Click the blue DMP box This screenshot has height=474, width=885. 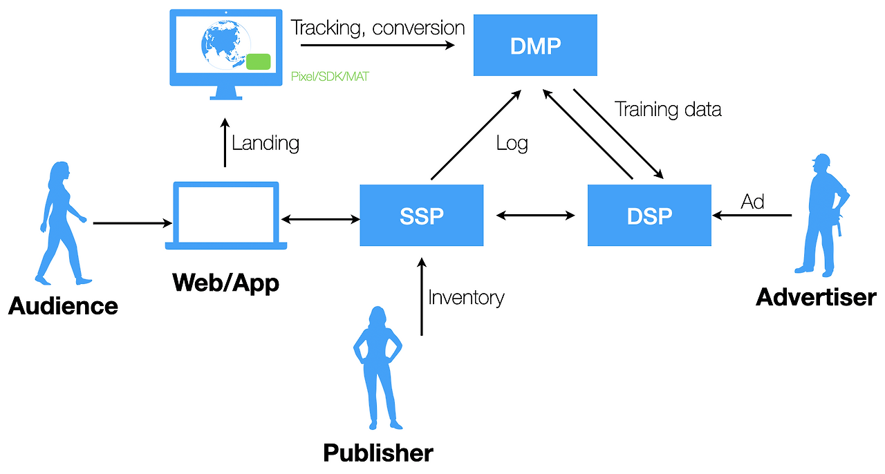(x=534, y=46)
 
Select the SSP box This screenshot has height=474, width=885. (x=421, y=216)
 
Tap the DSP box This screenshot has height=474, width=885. (x=649, y=216)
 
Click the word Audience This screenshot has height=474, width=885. (x=63, y=305)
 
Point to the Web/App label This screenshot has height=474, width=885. (x=226, y=282)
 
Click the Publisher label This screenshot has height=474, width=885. (x=378, y=453)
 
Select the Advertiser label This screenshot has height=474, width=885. (x=816, y=297)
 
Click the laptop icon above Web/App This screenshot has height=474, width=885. (x=226, y=215)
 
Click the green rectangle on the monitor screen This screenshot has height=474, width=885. (x=258, y=61)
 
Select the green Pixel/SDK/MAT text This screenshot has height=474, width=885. (x=329, y=77)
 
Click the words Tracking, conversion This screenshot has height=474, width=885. (x=378, y=28)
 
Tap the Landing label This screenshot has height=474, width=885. (x=265, y=144)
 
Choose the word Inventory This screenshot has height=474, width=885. (x=466, y=298)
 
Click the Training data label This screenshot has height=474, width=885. (x=668, y=109)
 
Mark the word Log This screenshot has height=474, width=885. (x=512, y=144)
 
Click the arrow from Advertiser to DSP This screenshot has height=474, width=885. (x=753, y=216)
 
